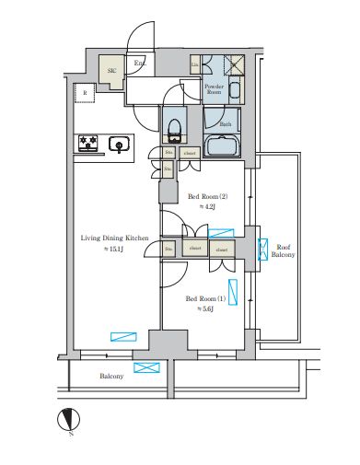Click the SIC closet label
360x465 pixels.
pyautogui.click(x=111, y=70)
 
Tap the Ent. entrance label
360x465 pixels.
pyautogui.click(x=140, y=64)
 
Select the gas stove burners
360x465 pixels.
pyautogui.click(x=89, y=144)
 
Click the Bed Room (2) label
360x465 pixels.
pyautogui.click(x=208, y=196)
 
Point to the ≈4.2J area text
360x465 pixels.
pyautogui.click(x=208, y=208)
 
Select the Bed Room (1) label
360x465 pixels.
pyautogui.click(x=205, y=298)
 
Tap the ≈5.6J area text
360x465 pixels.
pyautogui.click(x=205, y=310)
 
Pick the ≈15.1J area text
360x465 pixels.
pyautogui.click(x=110, y=250)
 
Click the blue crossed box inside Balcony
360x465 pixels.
pyautogui.click(x=145, y=367)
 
